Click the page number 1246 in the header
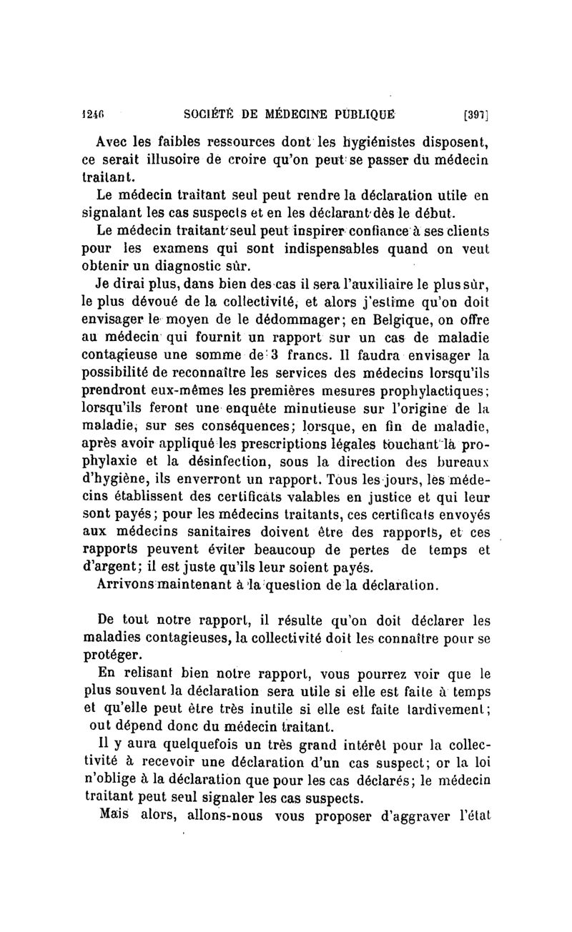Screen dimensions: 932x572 click(x=92, y=113)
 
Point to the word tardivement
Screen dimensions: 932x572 click(x=446, y=710)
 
